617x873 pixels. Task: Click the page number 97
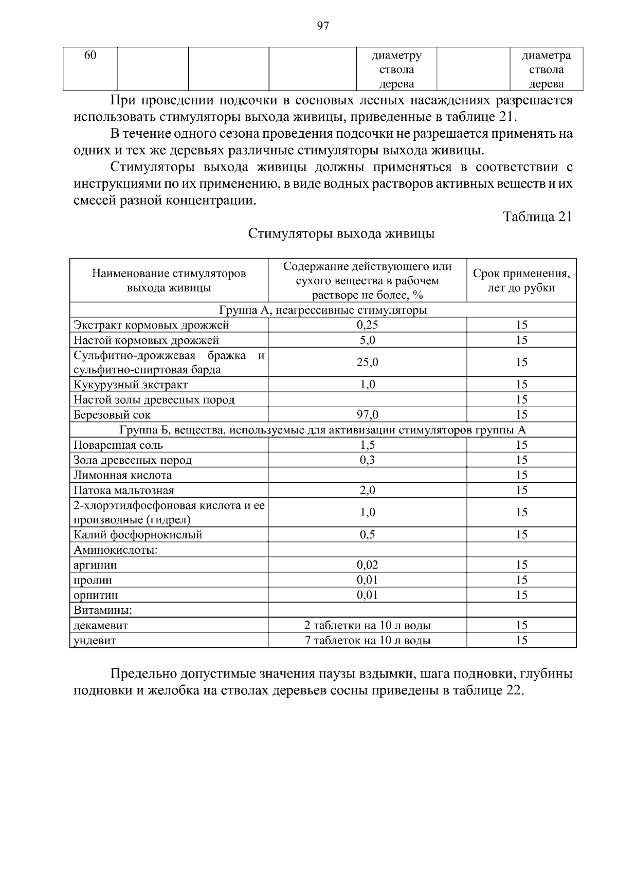(323, 27)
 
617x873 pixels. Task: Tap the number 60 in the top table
(90, 56)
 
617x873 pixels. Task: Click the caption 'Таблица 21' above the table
(537, 216)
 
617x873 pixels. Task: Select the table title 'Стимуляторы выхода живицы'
(341, 234)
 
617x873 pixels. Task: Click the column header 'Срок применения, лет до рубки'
(521, 280)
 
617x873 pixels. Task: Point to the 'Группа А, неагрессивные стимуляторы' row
(323, 310)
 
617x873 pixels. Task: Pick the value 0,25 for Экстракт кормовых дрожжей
(367, 325)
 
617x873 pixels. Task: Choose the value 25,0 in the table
(367, 362)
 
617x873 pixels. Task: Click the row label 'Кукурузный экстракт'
(131, 385)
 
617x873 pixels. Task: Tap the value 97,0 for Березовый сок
(367, 415)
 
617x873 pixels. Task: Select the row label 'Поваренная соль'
(118, 445)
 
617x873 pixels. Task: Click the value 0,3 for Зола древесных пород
(367, 460)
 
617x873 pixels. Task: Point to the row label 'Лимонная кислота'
(123, 475)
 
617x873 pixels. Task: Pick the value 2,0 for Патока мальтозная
(367, 490)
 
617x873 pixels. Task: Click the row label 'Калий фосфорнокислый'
(138, 535)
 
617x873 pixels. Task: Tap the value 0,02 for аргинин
(367, 565)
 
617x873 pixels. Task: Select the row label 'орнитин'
(96, 595)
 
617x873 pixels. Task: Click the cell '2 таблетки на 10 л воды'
(367, 626)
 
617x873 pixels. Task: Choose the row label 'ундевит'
(95, 641)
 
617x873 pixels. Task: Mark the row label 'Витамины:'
(103, 610)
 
